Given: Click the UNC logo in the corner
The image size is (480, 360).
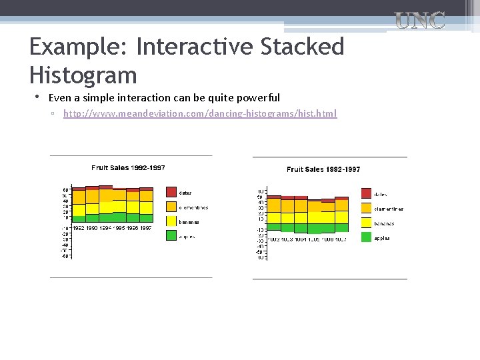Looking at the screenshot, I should coord(420,21).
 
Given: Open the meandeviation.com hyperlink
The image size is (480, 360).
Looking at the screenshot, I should coord(200,114).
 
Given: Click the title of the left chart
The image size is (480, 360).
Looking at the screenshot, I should coord(128,167).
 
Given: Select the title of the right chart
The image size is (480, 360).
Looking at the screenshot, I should coord(323,169).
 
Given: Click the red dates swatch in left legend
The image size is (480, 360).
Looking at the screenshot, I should coord(171,192).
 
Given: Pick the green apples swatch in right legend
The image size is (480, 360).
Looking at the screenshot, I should coord(367,237).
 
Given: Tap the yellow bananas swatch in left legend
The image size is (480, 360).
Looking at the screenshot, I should coord(171,221).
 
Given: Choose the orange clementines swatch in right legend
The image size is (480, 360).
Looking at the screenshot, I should coord(367,208).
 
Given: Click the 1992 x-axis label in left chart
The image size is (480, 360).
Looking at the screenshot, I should coord(79,228).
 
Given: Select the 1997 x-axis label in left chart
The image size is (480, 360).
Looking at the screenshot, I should coord(145,228).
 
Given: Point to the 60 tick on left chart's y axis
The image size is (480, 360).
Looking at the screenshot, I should coord(65,189).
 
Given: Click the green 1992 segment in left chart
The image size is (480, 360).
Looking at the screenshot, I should coord(79,219).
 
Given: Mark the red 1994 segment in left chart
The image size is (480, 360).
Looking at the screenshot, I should coord(105,187).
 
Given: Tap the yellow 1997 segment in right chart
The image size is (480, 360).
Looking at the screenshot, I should coord(341,217).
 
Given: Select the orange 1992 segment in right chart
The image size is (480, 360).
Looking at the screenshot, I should coord(274,205).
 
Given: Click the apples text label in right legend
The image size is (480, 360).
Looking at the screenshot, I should coord(382,238).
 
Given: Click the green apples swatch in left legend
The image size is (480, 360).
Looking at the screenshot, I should coord(171,235).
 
